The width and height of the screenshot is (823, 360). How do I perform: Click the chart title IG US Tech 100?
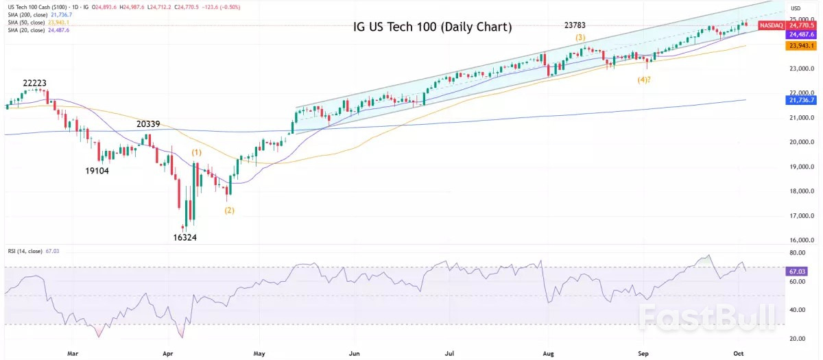click(432, 28)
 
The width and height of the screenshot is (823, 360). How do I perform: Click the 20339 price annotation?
click(149, 124)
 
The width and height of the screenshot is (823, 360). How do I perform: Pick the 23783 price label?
click(575, 25)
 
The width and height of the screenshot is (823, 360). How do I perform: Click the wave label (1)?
click(197, 152)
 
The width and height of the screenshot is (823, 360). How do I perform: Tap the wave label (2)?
click(229, 210)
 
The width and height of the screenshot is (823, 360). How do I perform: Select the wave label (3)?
click(581, 37)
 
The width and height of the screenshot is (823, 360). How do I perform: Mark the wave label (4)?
click(644, 80)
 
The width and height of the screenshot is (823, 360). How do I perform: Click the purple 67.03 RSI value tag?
click(796, 272)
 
